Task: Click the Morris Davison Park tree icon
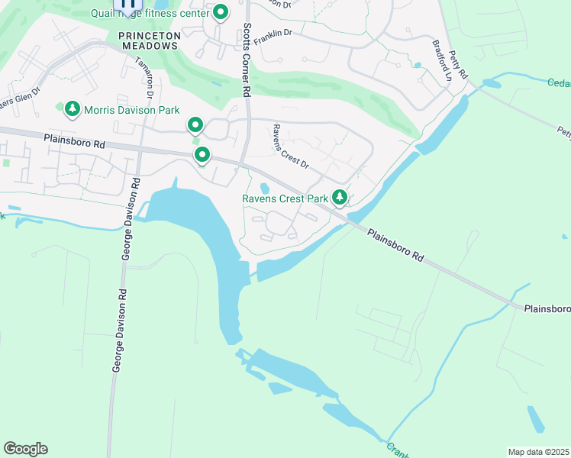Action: (73, 110)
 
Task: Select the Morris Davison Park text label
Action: (131, 110)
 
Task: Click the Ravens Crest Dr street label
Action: (290, 147)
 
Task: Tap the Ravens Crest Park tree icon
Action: (339, 198)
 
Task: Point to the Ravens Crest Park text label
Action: (285, 199)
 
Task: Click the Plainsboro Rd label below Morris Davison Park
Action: (74, 141)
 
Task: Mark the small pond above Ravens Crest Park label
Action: (265, 188)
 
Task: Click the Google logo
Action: (25, 448)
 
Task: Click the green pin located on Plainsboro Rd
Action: (202, 155)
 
